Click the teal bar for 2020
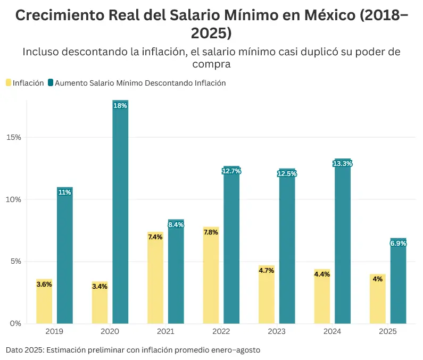(x=120, y=213)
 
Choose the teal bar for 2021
(x=176, y=271)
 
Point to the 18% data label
(x=120, y=106)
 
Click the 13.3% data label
(x=342, y=164)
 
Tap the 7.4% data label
(x=155, y=237)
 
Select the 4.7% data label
(x=266, y=271)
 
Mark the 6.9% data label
(x=398, y=244)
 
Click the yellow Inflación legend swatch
(x=9, y=83)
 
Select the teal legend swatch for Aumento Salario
(x=51, y=83)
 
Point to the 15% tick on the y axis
(x=14, y=137)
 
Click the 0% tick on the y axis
(x=16, y=323)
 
